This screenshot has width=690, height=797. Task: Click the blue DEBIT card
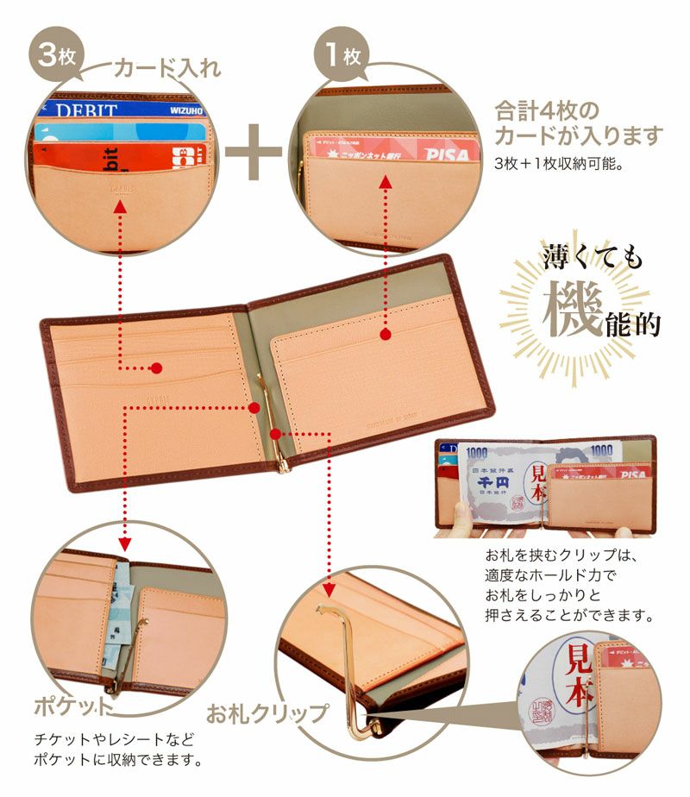(121, 110)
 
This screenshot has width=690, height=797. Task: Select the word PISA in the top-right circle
(447, 154)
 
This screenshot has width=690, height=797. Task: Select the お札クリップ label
(267, 714)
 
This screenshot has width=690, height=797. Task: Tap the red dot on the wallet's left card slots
(156, 368)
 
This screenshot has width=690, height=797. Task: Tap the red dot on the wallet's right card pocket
(385, 332)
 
